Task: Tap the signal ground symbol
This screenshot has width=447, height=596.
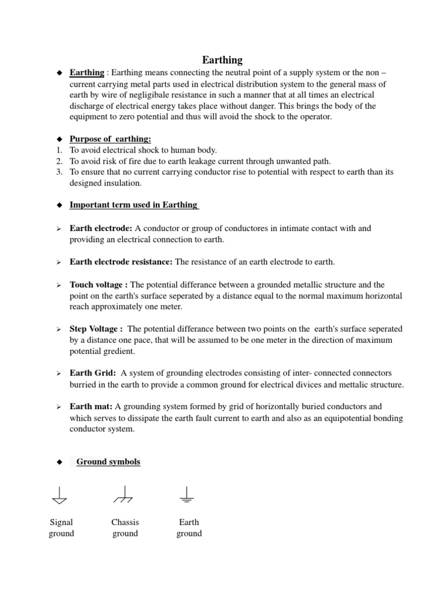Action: (59, 496)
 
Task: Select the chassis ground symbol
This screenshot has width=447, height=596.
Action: (123, 496)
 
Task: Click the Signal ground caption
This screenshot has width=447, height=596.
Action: (61, 528)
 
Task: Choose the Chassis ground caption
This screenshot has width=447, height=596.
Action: (125, 528)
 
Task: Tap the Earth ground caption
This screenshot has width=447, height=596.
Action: (189, 528)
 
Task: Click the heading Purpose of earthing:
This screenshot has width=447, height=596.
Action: (110, 139)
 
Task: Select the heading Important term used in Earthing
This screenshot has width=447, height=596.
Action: (134, 205)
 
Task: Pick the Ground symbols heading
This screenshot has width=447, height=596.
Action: (108, 462)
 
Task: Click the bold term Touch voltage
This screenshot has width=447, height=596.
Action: (99, 285)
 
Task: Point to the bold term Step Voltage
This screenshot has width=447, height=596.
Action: (96, 329)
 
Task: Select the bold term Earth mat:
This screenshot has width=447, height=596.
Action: (92, 406)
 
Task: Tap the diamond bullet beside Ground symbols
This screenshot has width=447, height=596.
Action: (59, 462)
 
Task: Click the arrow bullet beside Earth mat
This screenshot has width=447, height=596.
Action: (59, 407)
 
